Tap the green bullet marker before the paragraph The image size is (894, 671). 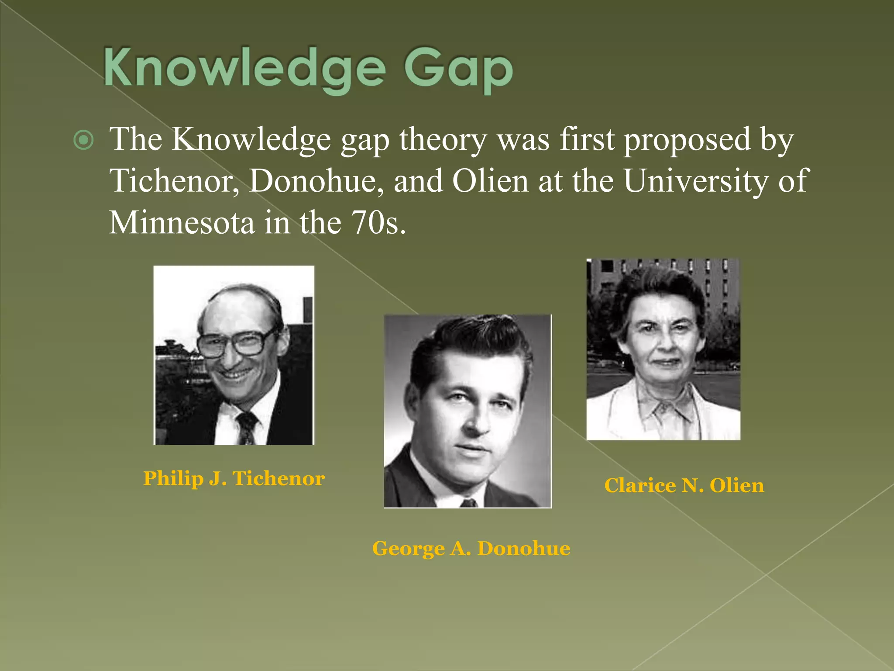click(x=83, y=140)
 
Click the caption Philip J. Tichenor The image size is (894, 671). click(x=234, y=478)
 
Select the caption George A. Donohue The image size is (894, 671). click(x=471, y=548)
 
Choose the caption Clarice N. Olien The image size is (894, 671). click(x=684, y=485)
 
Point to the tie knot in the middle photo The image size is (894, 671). click(x=468, y=503)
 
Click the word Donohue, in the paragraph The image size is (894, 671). click(x=316, y=181)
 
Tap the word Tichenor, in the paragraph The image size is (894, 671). click(x=174, y=181)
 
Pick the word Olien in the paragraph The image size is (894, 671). click(x=490, y=181)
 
